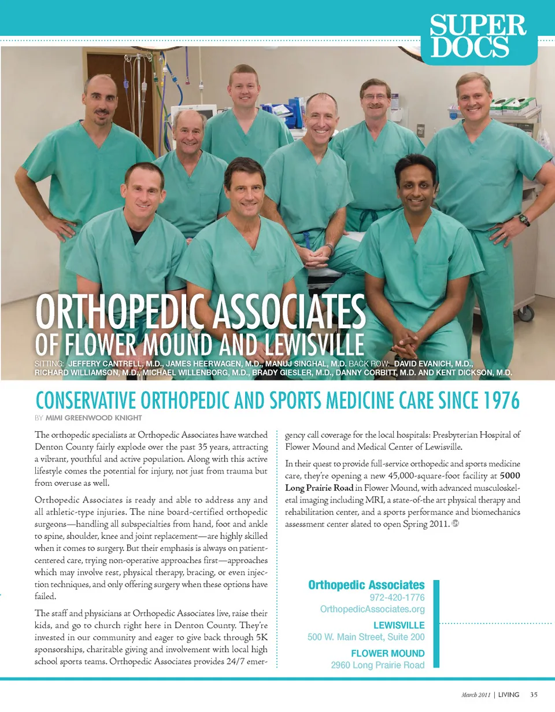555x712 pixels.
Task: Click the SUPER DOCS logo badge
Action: [478, 36]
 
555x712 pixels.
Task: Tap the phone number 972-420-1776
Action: [397, 597]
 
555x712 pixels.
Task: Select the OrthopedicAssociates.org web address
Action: [372, 610]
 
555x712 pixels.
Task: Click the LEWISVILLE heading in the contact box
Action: [399, 625]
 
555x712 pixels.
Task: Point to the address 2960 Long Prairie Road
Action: [378, 665]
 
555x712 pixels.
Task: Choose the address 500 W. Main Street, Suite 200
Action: [366, 637]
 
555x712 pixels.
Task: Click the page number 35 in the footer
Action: [534, 695]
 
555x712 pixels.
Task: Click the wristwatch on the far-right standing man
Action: [524, 220]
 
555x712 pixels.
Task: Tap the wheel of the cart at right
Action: [526, 314]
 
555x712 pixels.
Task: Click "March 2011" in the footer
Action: [475, 695]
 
